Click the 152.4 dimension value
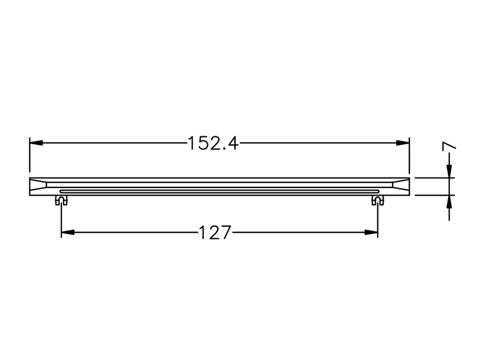tap(213, 143)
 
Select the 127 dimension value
tap(214, 232)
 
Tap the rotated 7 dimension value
tap(449, 146)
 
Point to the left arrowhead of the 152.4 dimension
tap(36, 143)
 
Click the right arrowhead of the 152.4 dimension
tap(402, 143)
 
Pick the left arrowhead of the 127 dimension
tap(68, 232)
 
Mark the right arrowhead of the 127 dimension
tap(371, 232)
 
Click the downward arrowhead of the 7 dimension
tap(449, 171)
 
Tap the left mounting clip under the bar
tap(61, 200)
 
